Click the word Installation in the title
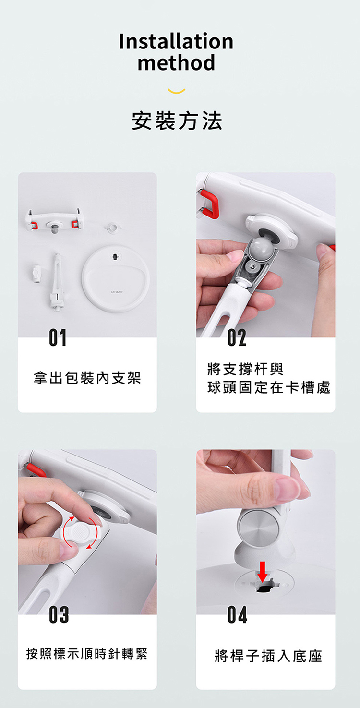point(176,42)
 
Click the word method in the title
point(176,63)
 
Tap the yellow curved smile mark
point(177,91)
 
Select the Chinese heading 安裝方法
point(177,120)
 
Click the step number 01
point(58,339)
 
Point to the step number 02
point(237,339)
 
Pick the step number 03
point(58,614)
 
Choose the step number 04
point(237,615)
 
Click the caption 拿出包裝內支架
point(87,378)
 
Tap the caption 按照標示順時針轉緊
point(87,654)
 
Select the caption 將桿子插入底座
point(268,656)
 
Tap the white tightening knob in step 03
point(80,532)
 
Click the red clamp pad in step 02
point(210,202)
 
